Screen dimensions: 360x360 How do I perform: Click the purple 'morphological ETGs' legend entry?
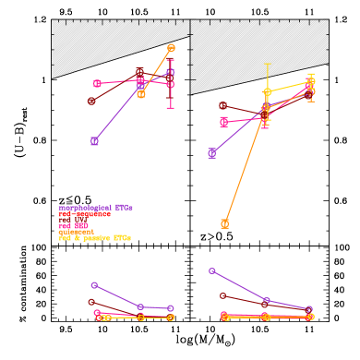95,208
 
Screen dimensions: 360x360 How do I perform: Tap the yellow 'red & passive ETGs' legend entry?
94,238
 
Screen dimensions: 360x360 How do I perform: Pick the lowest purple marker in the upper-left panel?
94,141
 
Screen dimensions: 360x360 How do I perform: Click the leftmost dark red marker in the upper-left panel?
91,101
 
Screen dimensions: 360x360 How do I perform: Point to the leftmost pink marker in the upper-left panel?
97,84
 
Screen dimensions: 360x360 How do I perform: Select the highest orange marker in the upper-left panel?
171,47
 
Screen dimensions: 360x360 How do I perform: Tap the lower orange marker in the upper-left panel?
141,94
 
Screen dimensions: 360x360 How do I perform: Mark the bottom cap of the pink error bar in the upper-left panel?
170,107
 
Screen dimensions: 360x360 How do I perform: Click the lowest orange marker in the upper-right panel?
224,223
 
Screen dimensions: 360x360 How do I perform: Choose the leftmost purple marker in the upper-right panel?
211,153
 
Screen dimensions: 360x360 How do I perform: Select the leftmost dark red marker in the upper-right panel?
222,106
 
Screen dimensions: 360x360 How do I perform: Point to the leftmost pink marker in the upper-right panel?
223,122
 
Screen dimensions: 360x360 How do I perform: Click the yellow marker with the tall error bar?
267,92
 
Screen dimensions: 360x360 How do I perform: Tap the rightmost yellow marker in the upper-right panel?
310,82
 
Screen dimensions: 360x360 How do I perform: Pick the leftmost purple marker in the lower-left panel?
94,285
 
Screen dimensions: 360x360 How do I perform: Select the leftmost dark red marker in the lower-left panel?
91,302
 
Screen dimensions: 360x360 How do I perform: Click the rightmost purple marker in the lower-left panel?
171,308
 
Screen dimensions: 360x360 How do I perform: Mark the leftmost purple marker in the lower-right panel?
211,271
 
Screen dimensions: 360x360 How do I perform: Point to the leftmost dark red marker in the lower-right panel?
223,295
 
